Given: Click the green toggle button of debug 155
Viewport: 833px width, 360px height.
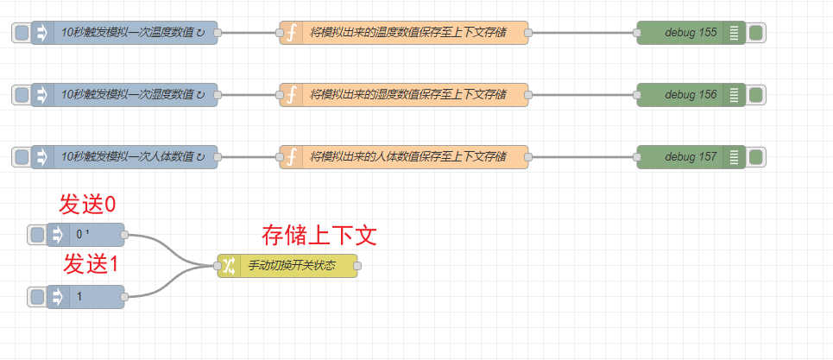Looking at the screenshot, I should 756,33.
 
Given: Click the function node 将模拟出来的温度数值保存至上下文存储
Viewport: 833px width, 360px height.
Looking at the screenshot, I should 407,33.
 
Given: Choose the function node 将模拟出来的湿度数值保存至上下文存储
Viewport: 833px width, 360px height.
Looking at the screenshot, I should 407,95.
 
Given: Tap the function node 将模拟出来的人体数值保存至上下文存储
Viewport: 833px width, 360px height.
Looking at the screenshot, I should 407,157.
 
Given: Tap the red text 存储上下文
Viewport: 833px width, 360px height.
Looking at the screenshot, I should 319,235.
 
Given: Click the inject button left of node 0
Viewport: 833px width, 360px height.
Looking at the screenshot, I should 36,235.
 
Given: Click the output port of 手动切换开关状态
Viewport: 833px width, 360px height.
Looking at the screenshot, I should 357,266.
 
